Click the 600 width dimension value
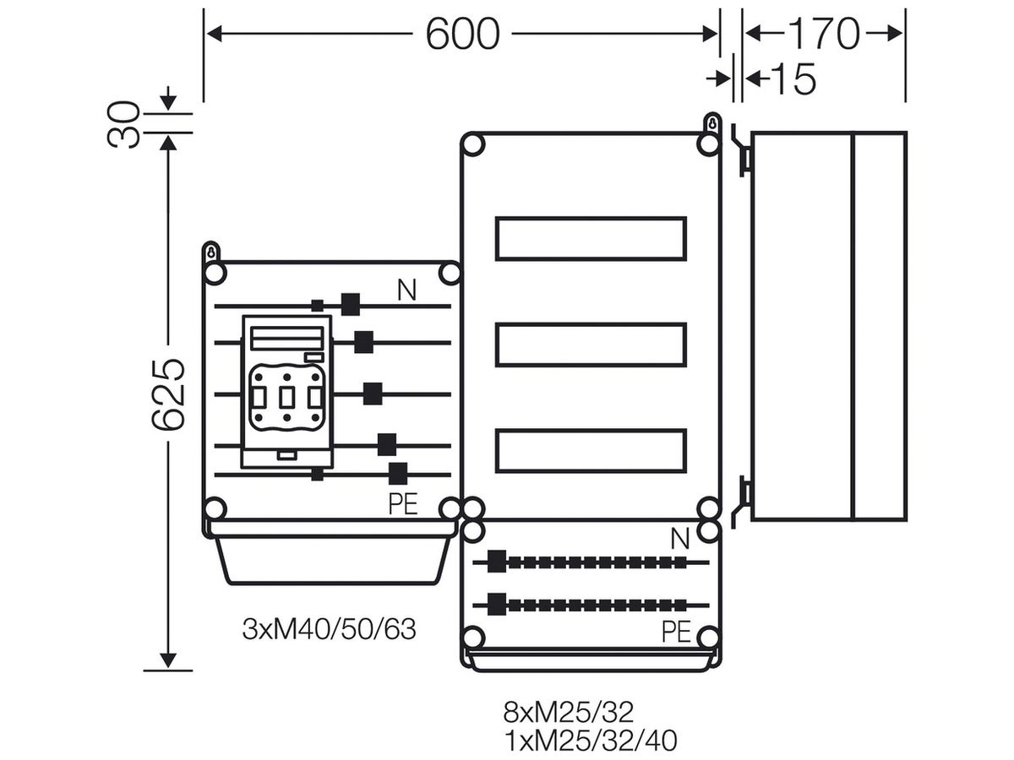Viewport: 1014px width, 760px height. click(462, 34)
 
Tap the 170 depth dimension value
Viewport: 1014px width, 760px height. click(824, 34)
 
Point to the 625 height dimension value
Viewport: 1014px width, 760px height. click(168, 394)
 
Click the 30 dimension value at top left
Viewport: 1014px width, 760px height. click(123, 125)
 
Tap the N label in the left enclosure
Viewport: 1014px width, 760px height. click(406, 290)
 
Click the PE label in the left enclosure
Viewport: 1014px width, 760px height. click(403, 504)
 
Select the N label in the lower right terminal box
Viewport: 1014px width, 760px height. click(680, 539)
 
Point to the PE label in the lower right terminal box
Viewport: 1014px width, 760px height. click(676, 632)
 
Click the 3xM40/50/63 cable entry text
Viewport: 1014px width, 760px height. click(329, 629)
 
